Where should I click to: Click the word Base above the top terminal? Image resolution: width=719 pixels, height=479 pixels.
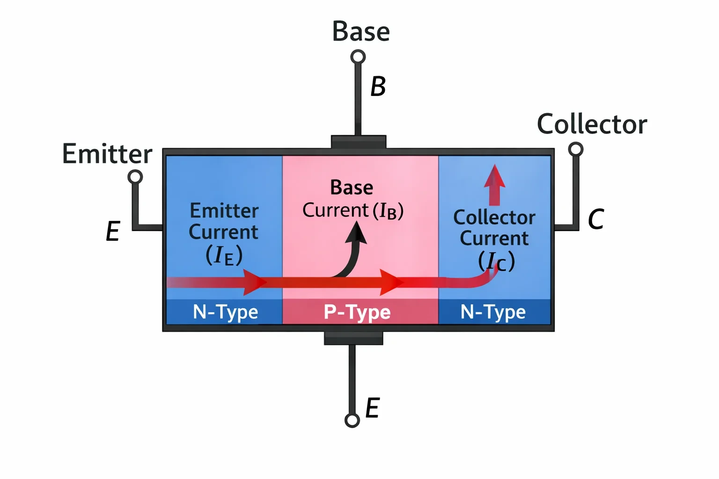pyautogui.click(x=361, y=31)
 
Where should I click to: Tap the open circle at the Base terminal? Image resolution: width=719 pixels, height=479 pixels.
pyautogui.click(x=358, y=57)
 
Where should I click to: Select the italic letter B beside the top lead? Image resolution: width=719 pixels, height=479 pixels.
pyautogui.click(x=378, y=86)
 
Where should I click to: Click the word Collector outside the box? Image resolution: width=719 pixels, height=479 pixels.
pyautogui.click(x=592, y=124)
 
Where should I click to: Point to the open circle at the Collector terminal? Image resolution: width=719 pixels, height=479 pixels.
pyautogui.click(x=575, y=149)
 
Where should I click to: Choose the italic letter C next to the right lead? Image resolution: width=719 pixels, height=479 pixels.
pyautogui.click(x=596, y=219)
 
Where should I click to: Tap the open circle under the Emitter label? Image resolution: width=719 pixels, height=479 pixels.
pyautogui.click(x=135, y=177)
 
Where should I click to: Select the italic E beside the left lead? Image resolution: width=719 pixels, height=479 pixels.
pyautogui.click(x=113, y=231)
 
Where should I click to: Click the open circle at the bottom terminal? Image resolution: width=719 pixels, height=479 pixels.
pyautogui.click(x=352, y=420)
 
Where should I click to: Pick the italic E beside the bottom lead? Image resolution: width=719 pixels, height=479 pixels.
pyautogui.click(x=373, y=407)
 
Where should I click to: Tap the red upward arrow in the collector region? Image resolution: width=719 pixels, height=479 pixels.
pyautogui.click(x=495, y=185)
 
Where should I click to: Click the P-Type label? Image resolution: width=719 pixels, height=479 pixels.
pyautogui.click(x=357, y=312)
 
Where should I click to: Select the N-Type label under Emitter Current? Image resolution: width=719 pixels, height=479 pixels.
pyautogui.click(x=225, y=312)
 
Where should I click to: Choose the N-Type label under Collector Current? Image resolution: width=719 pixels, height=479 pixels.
pyautogui.click(x=493, y=312)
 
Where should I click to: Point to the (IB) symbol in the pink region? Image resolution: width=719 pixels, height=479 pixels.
pyautogui.click(x=388, y=211)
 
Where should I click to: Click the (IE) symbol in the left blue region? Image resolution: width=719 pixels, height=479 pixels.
pyautogui.click(x=224, y=255)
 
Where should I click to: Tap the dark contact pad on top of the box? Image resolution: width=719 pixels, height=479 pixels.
pyautogui.click(x=359, y=142)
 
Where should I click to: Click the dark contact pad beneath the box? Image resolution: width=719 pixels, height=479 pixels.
pyautogui.click(x=353, y=338)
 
